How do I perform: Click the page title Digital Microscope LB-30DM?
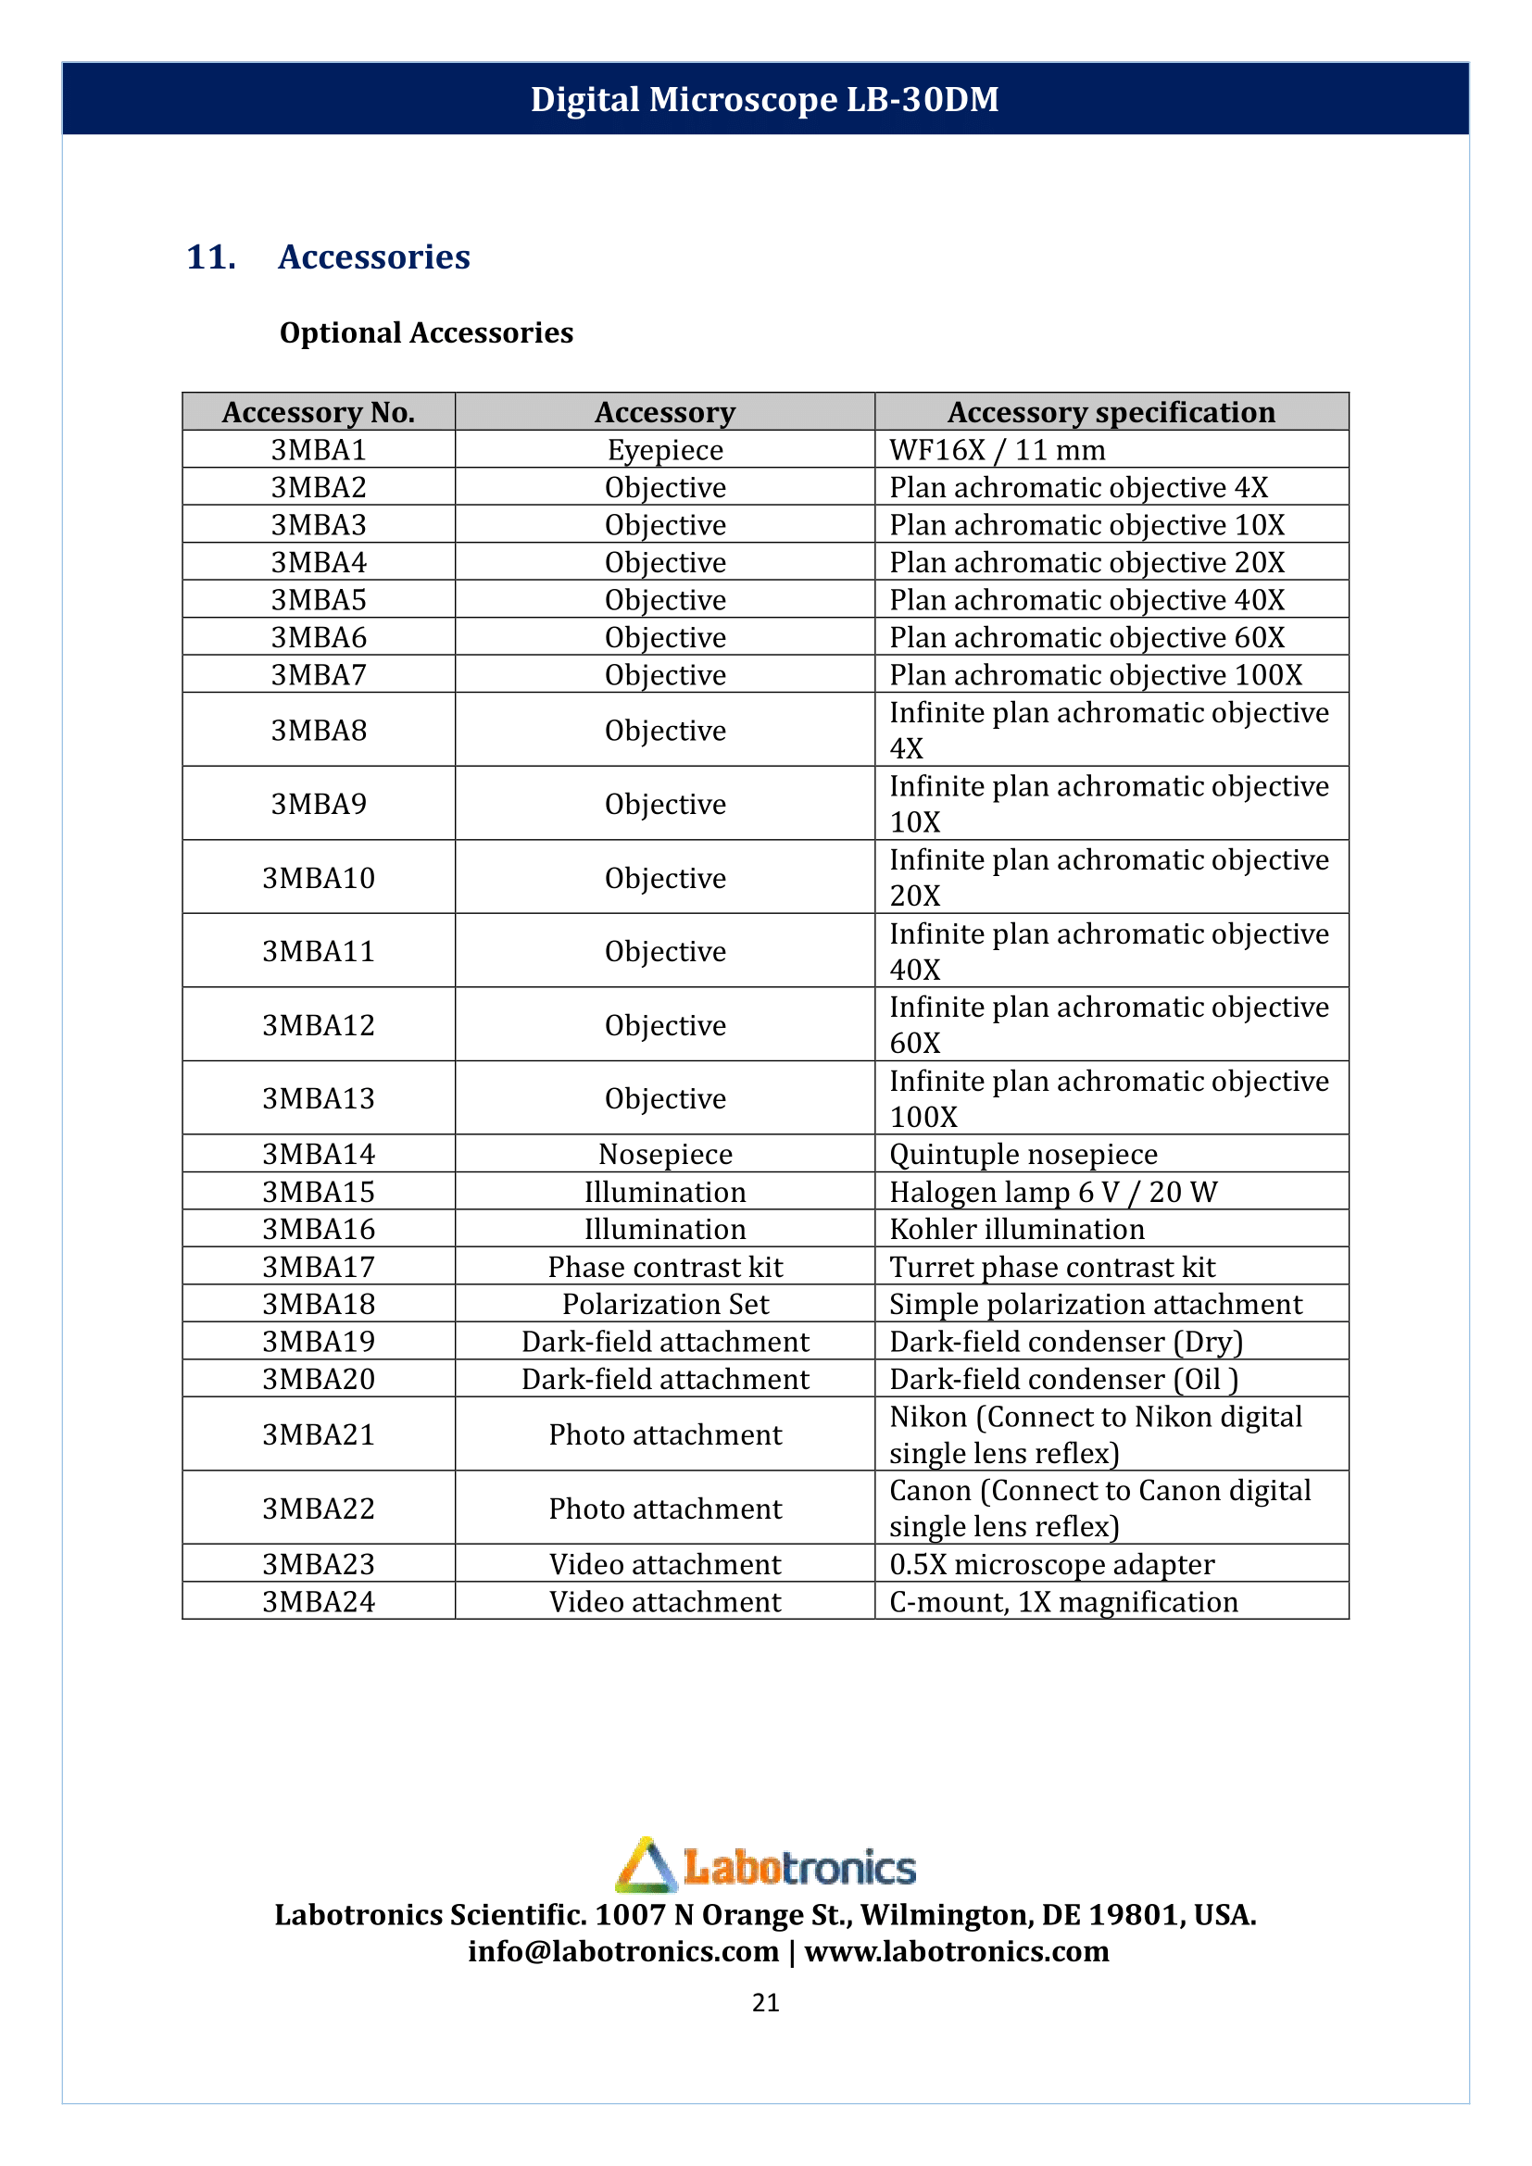(x=764, y=99)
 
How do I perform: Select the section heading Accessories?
(x=373, y=257)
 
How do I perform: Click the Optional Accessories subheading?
(x=426, y=333)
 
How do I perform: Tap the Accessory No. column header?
(x=319, y=412)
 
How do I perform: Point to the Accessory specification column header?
(x=1111, y=412)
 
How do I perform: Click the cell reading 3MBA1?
(x=319, y=450)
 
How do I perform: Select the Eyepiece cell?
(x=665, y=450)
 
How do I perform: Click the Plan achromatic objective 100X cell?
(x=1095, y=675)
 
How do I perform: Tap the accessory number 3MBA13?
(x=319, y=1098)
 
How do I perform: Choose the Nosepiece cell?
(x=665, y=1154)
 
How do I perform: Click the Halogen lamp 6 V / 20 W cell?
(x=1053, y=1192)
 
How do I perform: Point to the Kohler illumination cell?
(x=1017, y=1229)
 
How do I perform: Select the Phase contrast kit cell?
(x=665, y=1267)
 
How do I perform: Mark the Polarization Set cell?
(x=665, y=1304)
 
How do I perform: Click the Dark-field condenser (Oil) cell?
(x=1063, y=1379)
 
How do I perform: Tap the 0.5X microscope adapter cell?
(x=1052, y=1564)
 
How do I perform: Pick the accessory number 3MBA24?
(x=319, y=1602)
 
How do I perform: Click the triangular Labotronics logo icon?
(x=647, y=1866)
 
